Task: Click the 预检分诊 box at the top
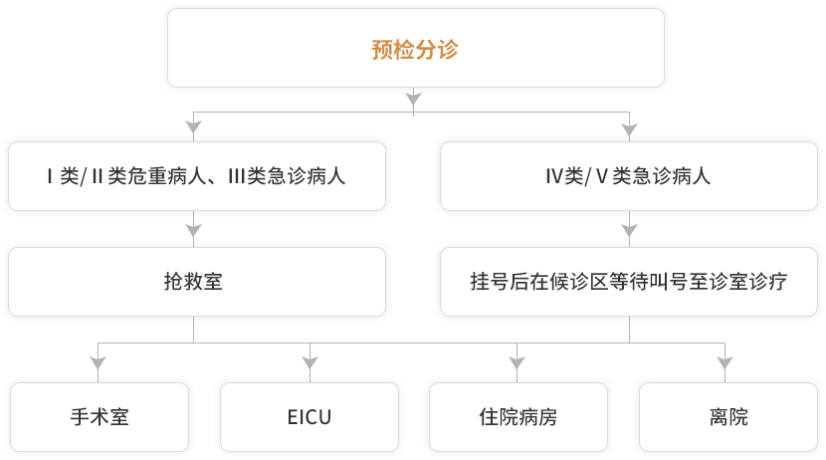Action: tap(415, 49)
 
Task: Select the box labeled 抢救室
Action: tap(194, 282)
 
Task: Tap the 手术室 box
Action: tap(100, 417)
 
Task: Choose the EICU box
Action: tap(309, 417)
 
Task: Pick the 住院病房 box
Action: tap(517, 417)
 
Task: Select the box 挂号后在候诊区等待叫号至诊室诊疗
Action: tap(628, 282)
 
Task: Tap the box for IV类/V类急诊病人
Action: tap(628, 176)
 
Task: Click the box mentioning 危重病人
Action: tap(194, 176)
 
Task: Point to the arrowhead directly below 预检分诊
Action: tap(414, 98)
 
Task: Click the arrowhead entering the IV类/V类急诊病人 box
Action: tap(628, 128)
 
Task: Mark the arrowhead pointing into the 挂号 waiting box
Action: tap(628, 230)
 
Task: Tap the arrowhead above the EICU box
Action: tap(310, 362)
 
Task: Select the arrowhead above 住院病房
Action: tap(516, 362)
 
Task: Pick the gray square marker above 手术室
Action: tap(98, 362)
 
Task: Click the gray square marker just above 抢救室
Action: tap(193, 230)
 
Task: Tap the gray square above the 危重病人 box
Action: tap(193, 126)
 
